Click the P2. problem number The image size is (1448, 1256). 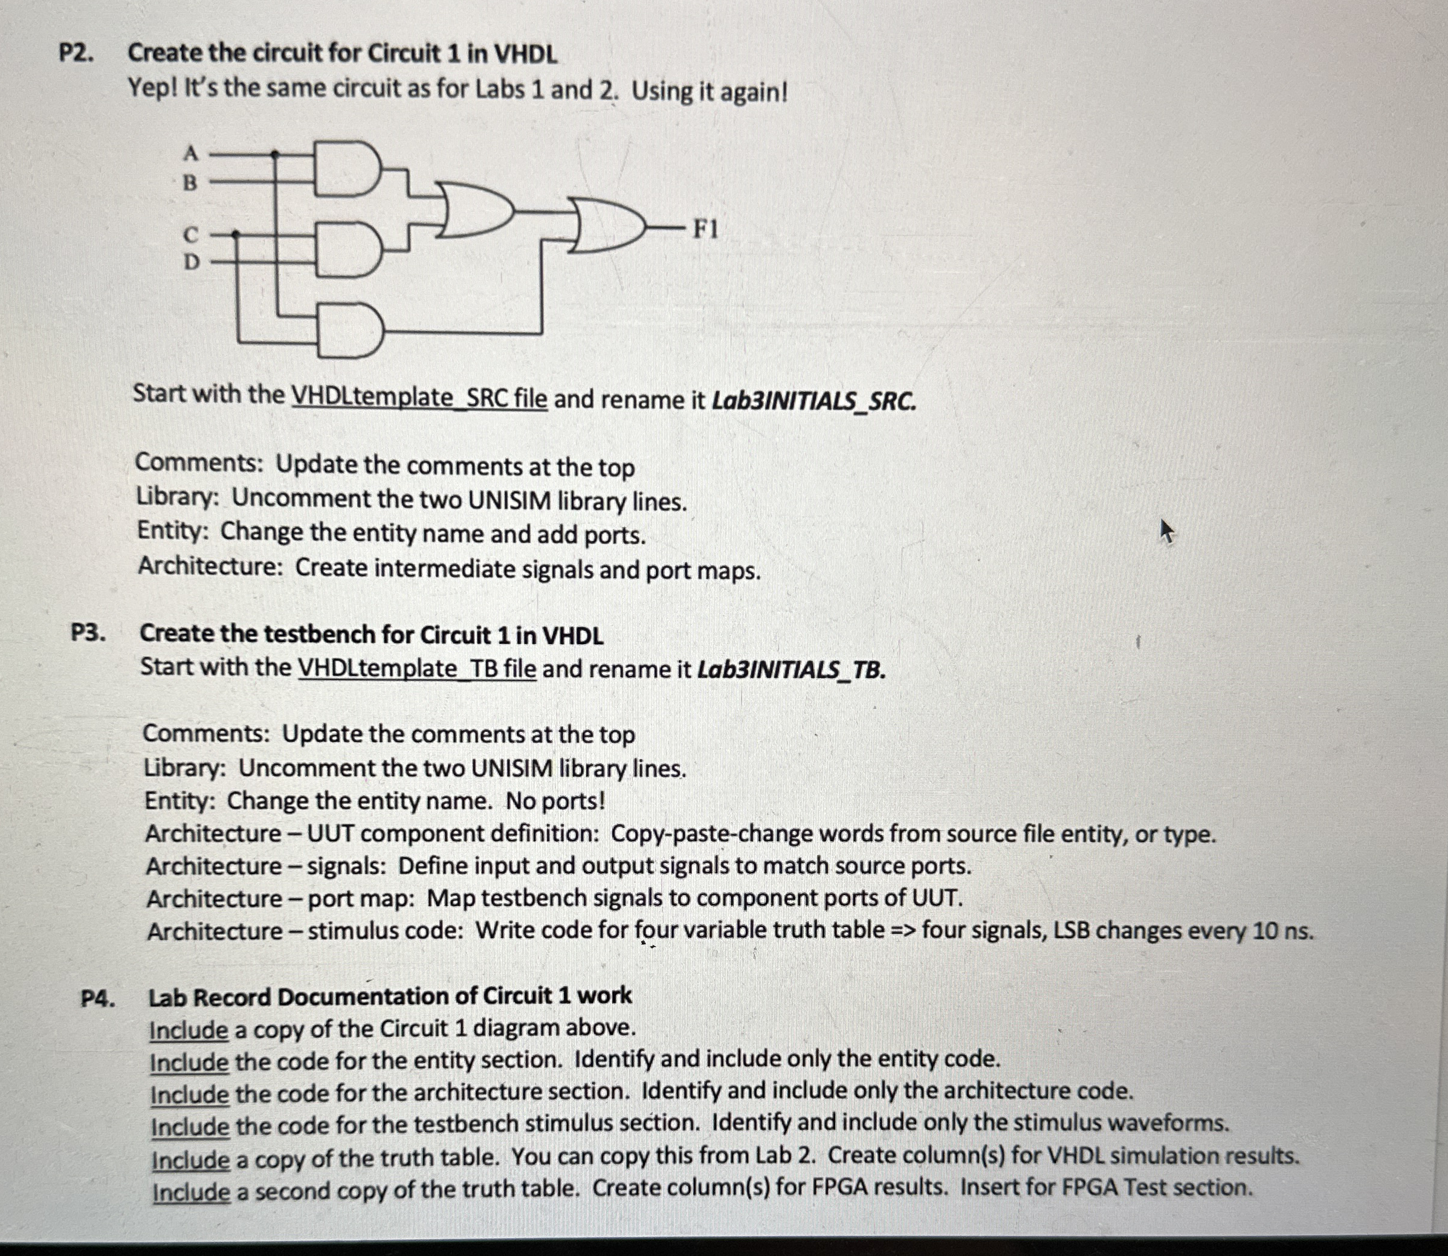[x=76, y=53]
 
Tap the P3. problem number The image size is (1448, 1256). [x=88, y=633]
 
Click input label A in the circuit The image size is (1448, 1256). [x=190, y=151]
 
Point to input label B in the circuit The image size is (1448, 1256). [x=190, y=183]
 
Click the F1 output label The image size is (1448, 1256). [x=705, y=229]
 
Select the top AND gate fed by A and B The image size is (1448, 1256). [x=347, y=167]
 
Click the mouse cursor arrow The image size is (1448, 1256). [x=1166, y=531]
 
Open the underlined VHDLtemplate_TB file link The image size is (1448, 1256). [x=417, y=668]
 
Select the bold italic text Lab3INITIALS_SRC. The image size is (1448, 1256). [x=813, y=401]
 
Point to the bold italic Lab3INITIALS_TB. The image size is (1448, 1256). [x=791, y=670]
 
